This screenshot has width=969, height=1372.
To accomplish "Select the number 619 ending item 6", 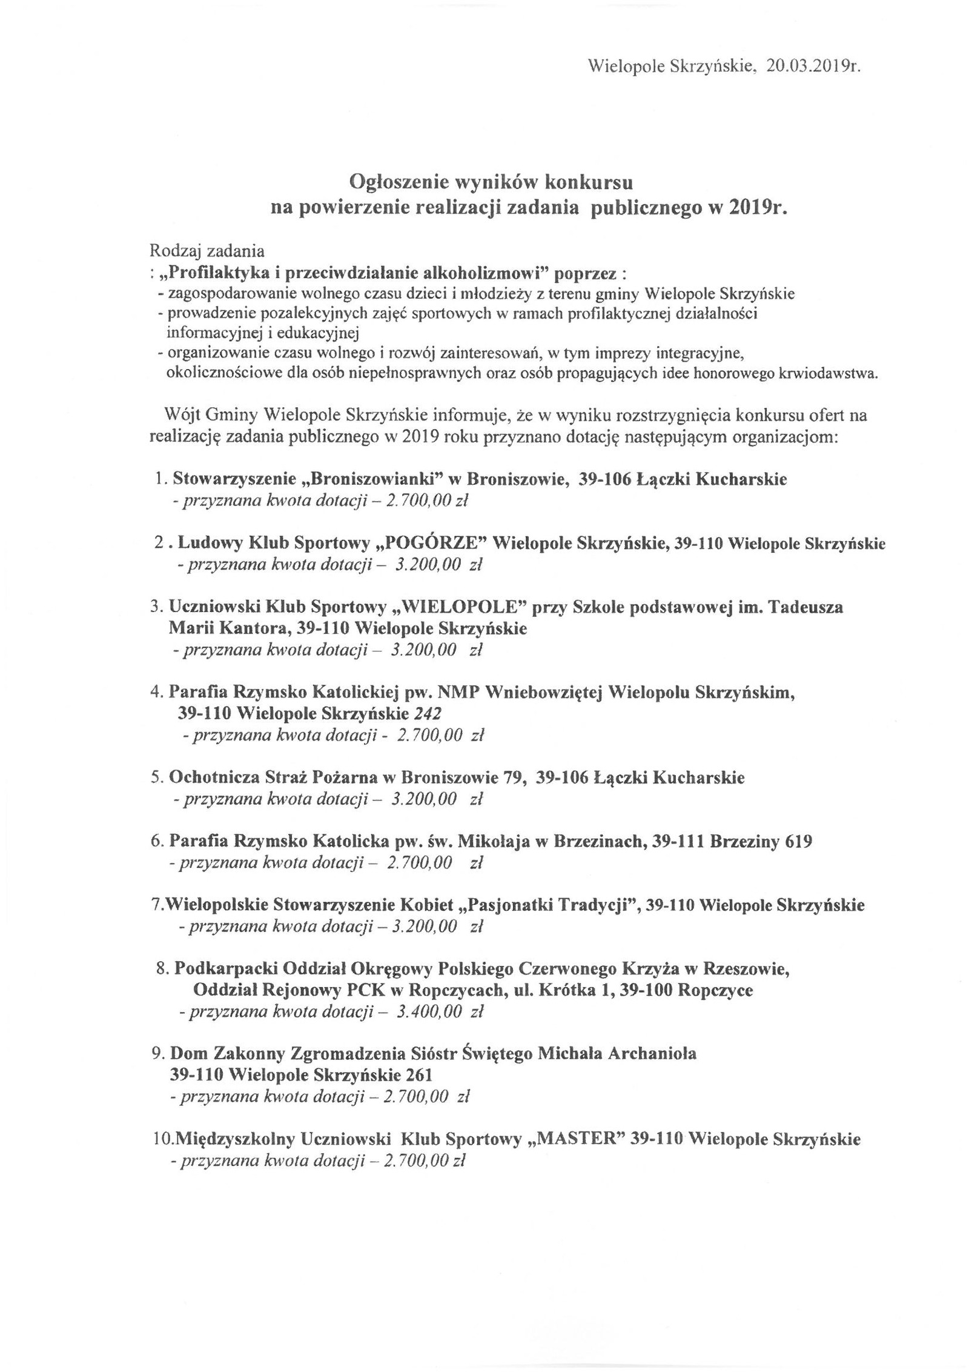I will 798,841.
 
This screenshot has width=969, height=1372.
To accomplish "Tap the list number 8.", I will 161,968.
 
